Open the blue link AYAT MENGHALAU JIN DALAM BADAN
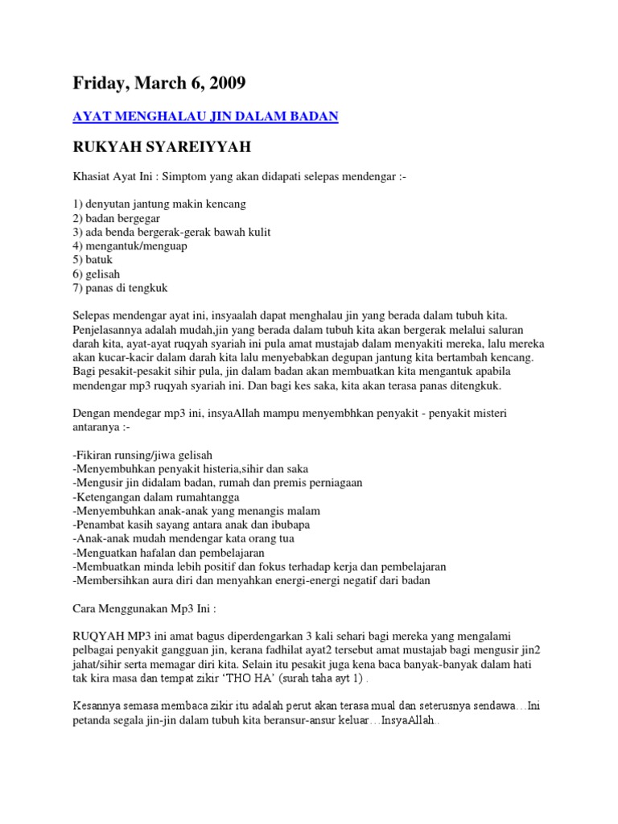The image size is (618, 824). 205,117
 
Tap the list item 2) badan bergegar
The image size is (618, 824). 117,218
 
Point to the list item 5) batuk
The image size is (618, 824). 93,260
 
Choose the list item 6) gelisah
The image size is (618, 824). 96,274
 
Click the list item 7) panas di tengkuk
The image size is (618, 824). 120,288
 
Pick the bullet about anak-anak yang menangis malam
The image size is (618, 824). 196,510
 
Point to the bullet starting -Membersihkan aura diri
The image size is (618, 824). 251,580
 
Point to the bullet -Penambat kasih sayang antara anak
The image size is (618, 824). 191,525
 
